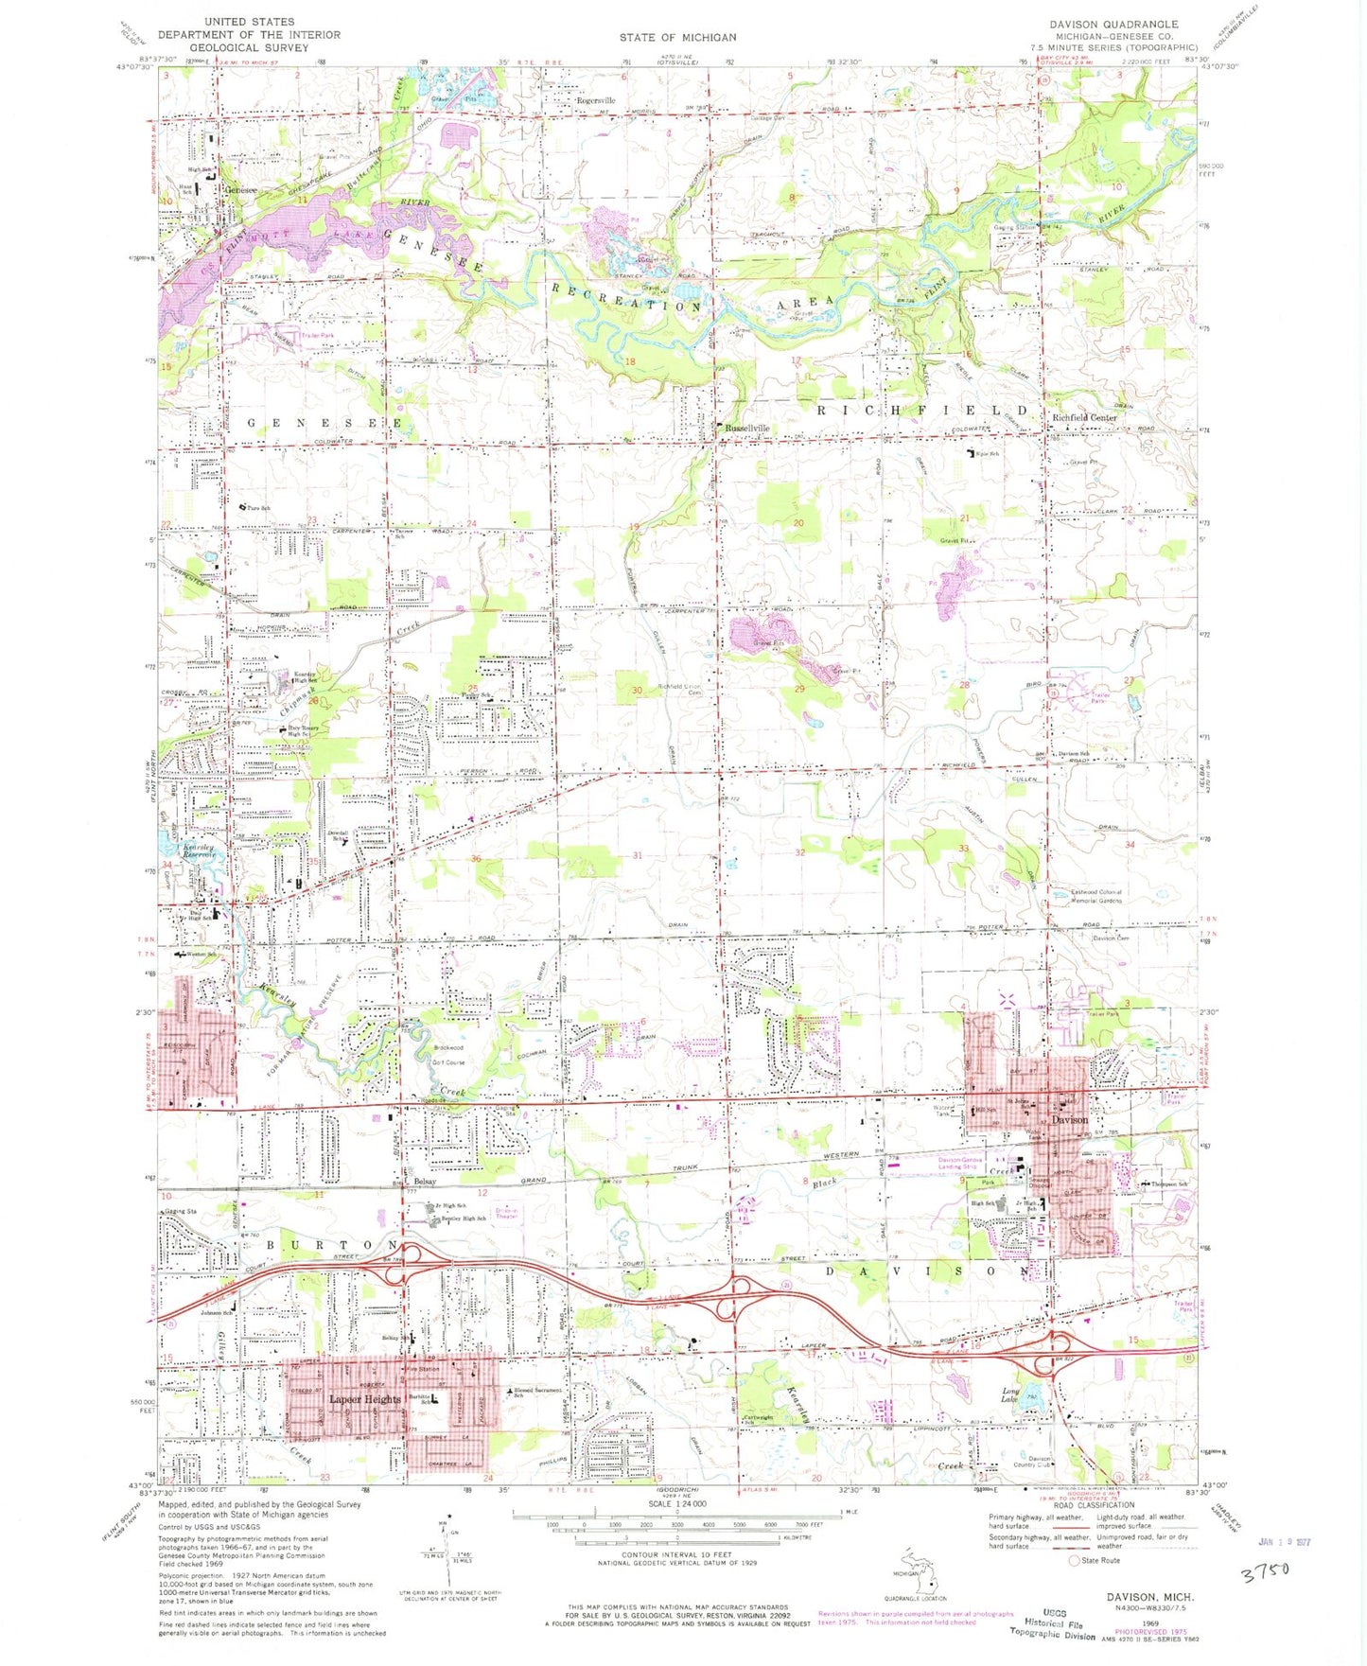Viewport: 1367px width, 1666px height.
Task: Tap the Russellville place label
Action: [x=746, y=429]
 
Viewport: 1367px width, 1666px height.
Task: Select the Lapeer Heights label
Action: [x=364, y=1398]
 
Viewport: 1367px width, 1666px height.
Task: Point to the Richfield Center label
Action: [x=1084, y=417]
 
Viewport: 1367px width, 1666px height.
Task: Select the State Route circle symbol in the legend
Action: [x=1074, y=1560]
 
